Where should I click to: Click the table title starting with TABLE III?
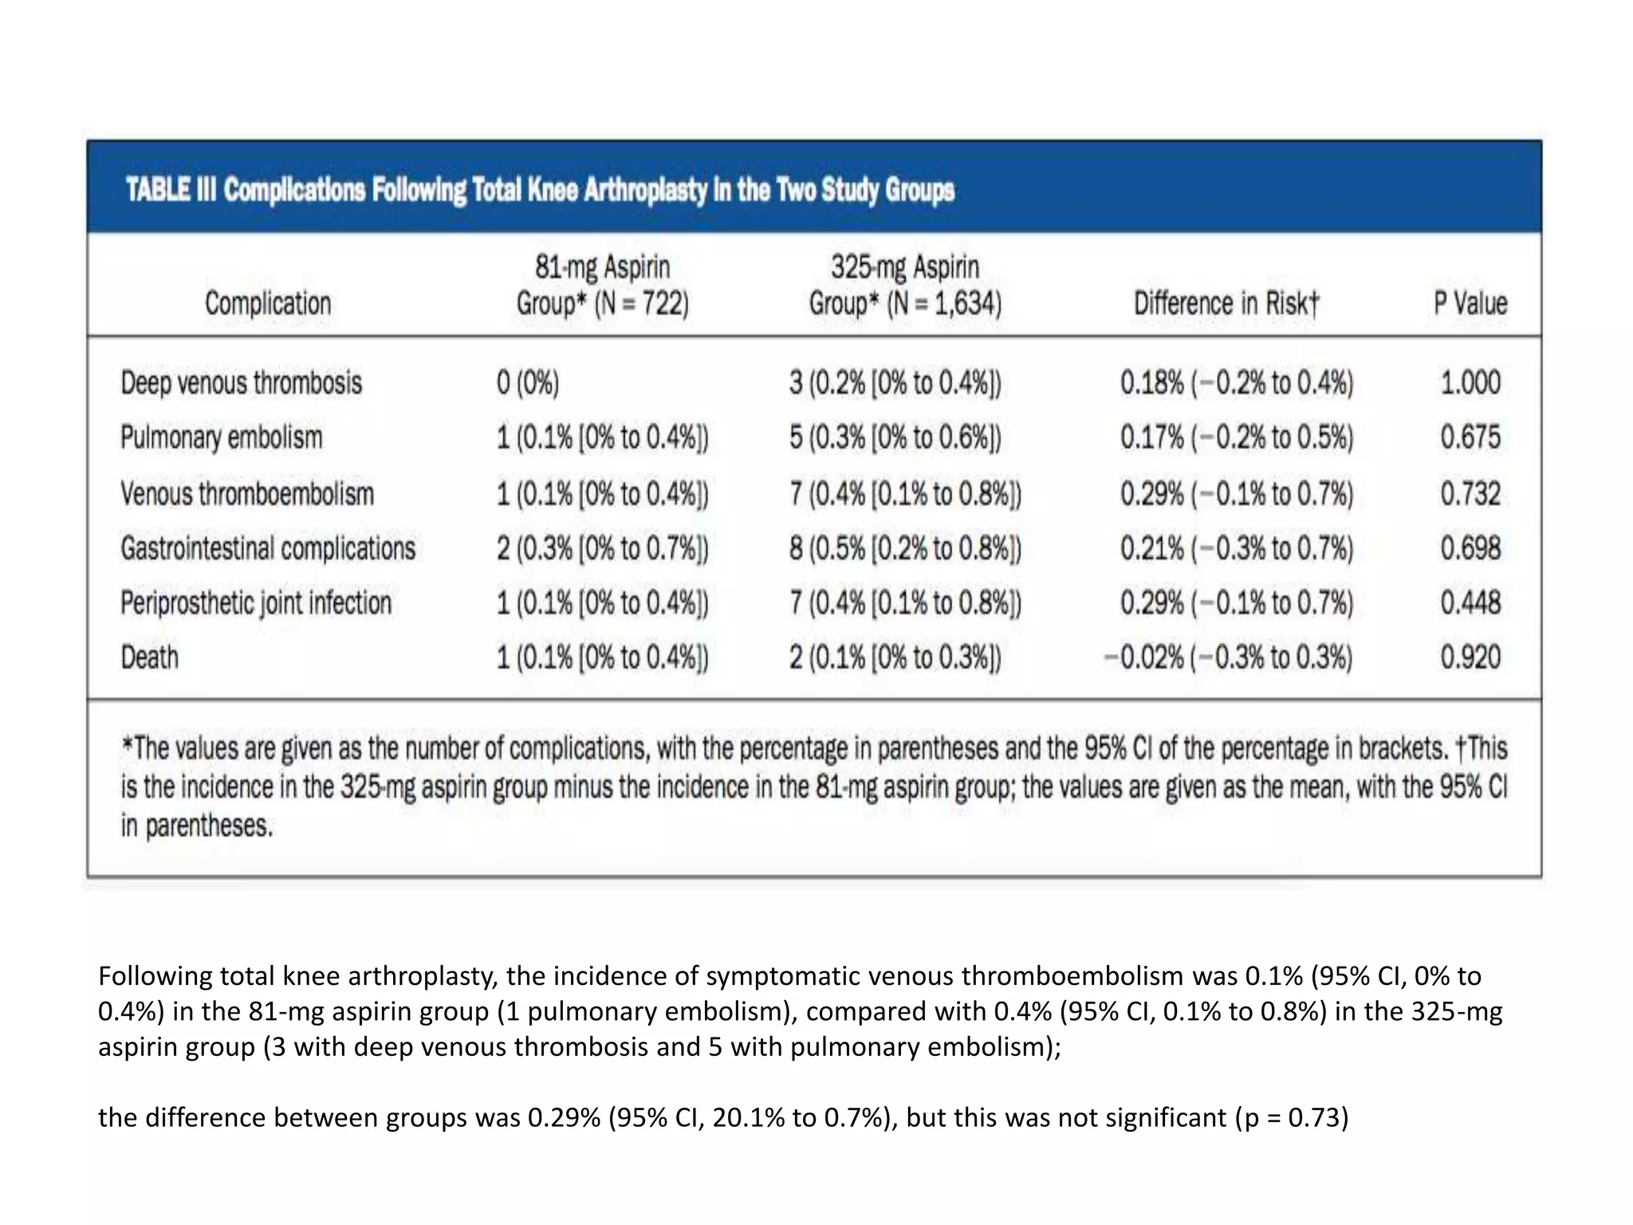point(540,191)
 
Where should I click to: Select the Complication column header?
point(268,303)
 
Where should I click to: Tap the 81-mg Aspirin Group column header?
point(602,285)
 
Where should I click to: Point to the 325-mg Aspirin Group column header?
point(905,285)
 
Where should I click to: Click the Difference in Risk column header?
point(1226,303)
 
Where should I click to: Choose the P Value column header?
point(1470,303)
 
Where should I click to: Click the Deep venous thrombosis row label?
point(242,383)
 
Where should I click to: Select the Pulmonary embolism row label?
point(222,437)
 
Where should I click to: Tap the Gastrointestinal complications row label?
point(268,549)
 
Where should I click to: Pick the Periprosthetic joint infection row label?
point(256,603)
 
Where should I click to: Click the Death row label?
point(150,657)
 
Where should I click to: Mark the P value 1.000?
point(1470,383)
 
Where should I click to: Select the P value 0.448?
point(1470,603)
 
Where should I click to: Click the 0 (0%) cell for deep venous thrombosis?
point(528,383)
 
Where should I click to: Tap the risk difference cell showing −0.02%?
point(1228,657)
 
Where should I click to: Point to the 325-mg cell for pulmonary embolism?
point(895,437)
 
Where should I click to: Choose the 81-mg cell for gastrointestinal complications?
point(602,549)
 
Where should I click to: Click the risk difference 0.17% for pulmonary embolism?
point(1236,437)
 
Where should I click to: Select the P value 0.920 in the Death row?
point(1470,657)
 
